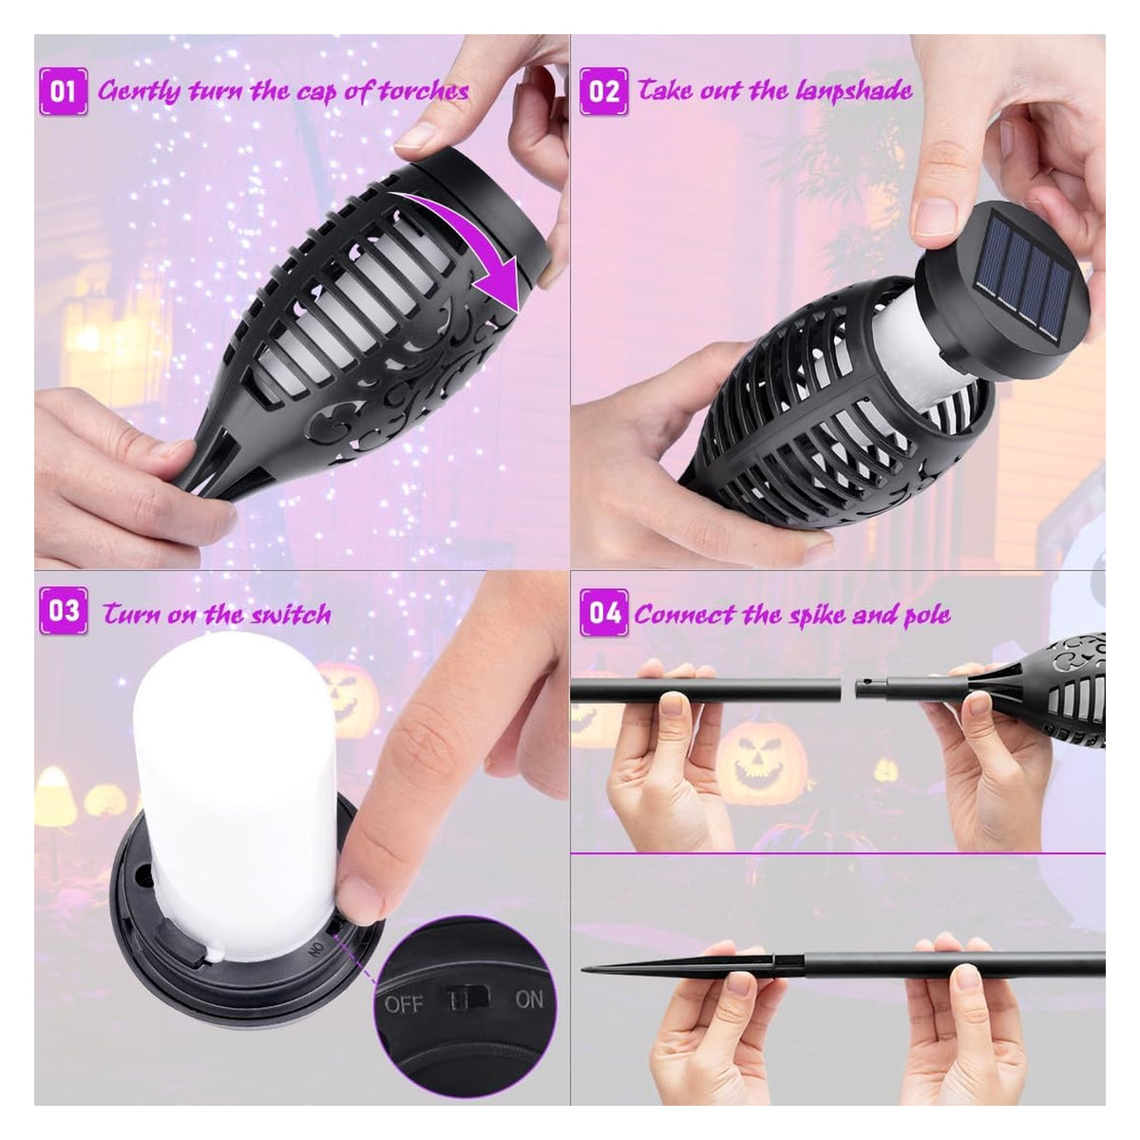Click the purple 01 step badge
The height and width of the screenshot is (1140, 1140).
64,92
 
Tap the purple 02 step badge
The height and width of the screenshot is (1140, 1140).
603,92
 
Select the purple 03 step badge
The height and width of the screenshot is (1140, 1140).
64,612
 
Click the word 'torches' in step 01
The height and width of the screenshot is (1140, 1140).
424,92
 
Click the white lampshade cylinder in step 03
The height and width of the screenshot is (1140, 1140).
236,792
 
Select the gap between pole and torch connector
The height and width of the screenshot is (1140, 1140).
847,688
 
